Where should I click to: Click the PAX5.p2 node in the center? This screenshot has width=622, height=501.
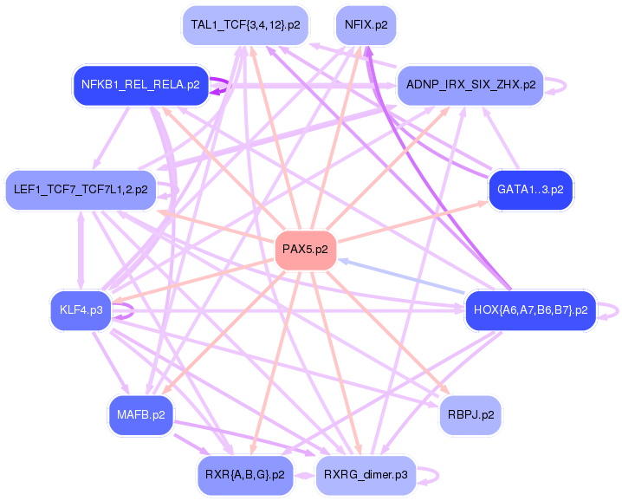305,250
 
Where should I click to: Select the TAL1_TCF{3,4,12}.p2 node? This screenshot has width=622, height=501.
245,25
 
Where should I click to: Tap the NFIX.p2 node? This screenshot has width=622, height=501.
366,25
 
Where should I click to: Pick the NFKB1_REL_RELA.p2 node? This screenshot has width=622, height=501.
140,85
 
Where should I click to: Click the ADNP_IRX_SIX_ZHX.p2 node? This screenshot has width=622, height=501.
470,85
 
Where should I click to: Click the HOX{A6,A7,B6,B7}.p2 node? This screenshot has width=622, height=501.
531,309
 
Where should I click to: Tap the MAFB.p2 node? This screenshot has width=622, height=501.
140,414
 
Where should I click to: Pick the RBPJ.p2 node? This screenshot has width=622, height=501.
470,414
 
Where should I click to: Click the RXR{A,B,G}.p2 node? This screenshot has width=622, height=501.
245,475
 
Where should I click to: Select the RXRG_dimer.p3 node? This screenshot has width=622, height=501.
366,475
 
